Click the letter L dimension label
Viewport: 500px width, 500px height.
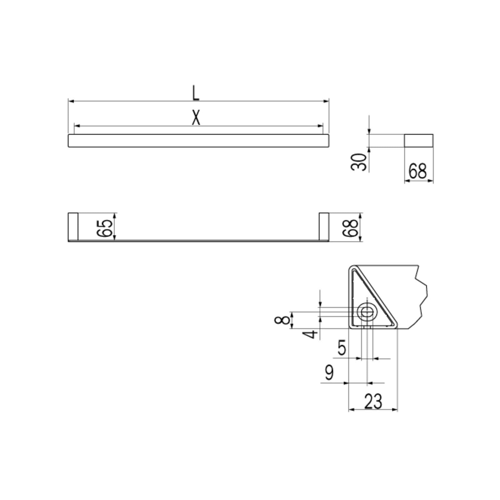[x=196, y=93]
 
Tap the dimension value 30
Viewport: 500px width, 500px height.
[x=358, y=162]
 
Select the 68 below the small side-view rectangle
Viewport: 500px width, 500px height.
[x=417, y=172]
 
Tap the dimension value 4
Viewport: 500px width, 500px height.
[x=311, y=334]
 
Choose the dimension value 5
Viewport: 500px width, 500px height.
[x=342, y=348]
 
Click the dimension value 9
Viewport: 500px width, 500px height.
[x=329, y=372]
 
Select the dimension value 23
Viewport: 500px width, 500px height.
[x=373, y=402]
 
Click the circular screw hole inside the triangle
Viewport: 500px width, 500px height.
[x=367, y=311]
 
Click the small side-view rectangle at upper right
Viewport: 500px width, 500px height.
[x=419, y=141]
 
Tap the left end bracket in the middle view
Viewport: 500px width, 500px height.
[x=73, y=227]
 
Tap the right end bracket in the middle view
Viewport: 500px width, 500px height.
[x=324, y=227]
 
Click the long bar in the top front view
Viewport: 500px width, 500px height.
[x=198, y=141]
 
